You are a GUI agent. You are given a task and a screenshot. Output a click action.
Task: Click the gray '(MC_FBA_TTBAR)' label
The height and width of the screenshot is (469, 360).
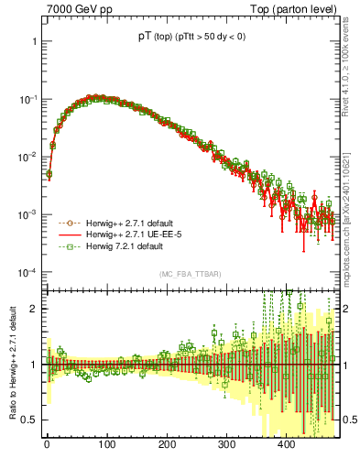189,275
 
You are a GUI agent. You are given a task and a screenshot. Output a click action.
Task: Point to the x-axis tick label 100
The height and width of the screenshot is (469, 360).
107,444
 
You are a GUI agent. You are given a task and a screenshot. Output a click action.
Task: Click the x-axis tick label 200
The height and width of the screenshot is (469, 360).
167,444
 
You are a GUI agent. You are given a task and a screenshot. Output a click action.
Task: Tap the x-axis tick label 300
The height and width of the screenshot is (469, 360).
226,444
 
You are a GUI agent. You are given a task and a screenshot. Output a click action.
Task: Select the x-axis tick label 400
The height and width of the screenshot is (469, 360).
286,444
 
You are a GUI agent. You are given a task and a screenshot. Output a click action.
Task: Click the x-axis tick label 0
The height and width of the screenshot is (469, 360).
47,444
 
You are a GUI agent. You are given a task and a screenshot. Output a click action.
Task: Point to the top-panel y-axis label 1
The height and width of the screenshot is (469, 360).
33,41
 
